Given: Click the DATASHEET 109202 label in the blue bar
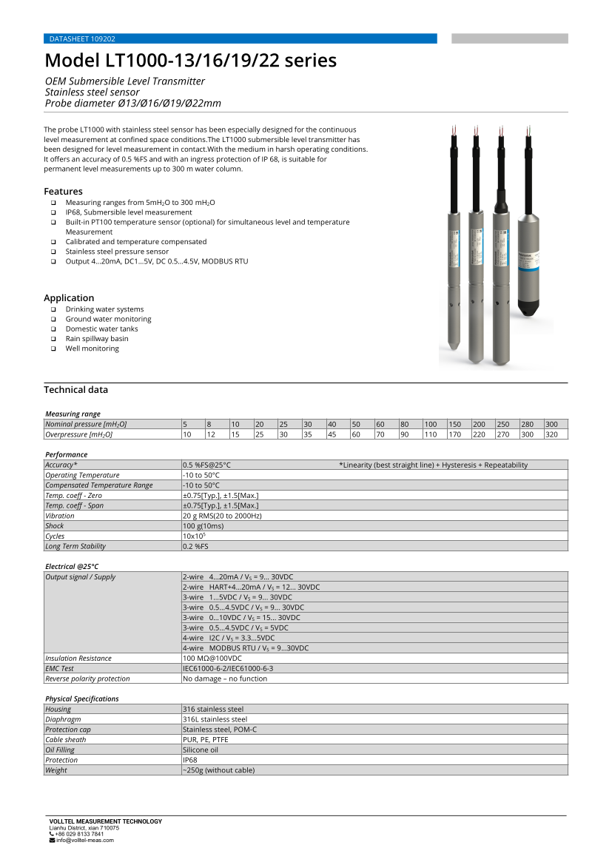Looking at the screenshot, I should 81,38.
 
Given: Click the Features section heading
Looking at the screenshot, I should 63,191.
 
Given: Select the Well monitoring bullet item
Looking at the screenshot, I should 92,349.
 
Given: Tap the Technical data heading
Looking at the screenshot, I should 75,390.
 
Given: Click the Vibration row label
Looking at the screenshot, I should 60,516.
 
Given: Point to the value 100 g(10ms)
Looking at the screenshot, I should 203,526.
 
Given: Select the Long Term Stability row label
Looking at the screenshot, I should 75,546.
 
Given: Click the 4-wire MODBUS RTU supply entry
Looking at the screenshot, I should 246,648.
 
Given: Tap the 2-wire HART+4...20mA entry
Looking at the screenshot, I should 251,587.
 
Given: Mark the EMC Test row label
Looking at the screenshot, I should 60,668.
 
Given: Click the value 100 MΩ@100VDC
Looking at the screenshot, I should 212,658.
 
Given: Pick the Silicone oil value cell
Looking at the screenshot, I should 201,750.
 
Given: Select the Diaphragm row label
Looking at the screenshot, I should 63,719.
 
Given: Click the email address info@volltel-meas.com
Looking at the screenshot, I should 84,840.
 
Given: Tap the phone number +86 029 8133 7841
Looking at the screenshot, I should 79,834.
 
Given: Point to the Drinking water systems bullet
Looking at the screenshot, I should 104,309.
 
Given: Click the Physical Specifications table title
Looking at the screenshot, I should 81,699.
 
